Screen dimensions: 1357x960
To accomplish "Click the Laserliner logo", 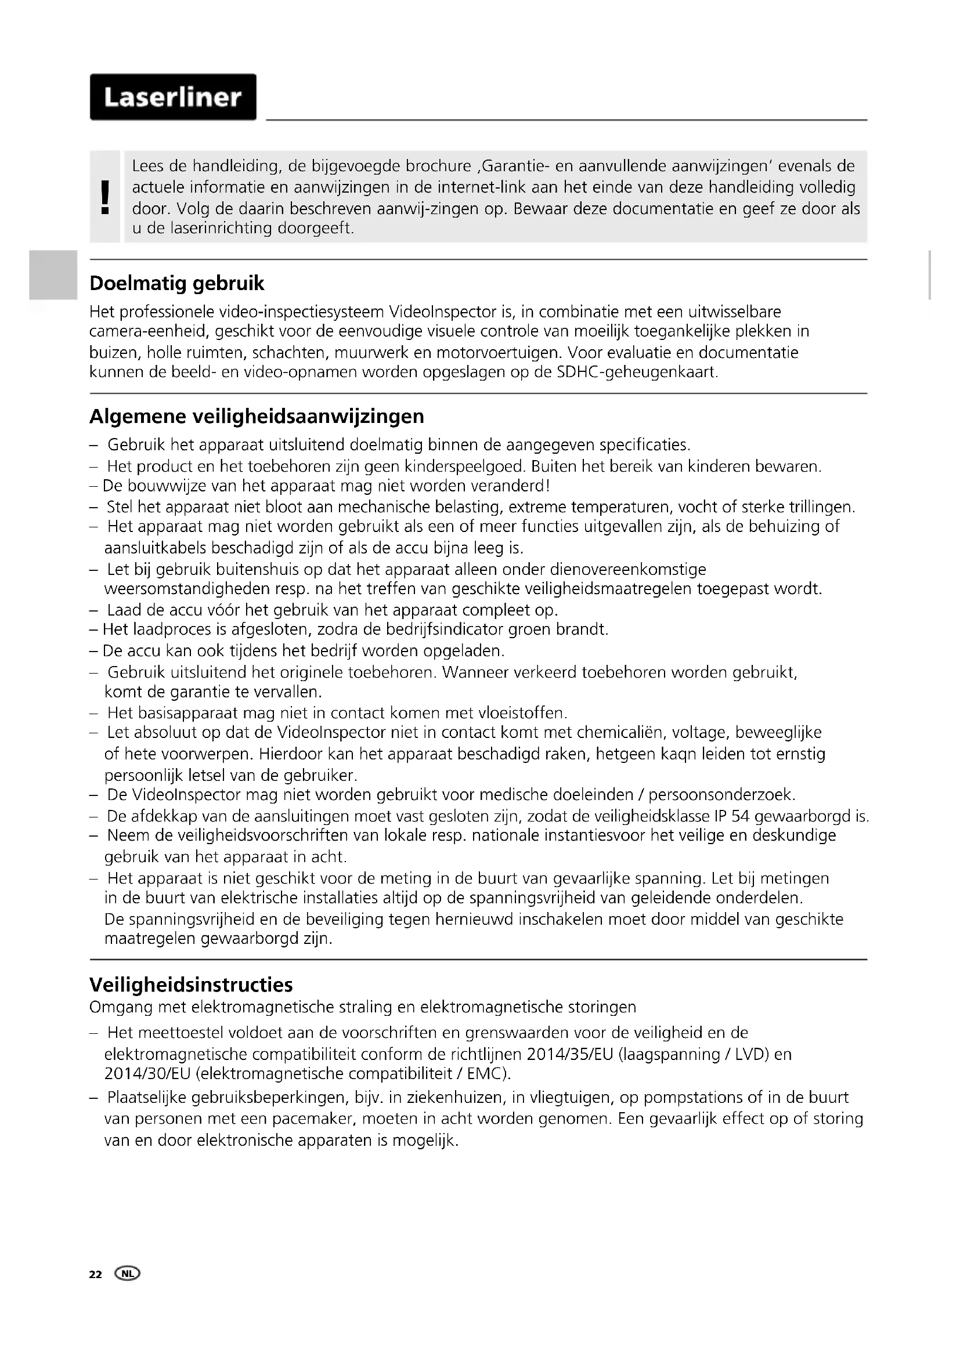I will coord(172,97).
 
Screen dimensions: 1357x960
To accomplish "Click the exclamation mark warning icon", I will coord(106,197).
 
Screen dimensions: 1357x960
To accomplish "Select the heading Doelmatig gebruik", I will coord(177,284).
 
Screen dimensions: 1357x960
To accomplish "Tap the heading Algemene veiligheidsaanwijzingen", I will coord(257,417).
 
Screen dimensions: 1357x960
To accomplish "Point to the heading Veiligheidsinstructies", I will coord(191,985).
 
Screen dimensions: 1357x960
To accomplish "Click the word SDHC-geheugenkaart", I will coord(637,372).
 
